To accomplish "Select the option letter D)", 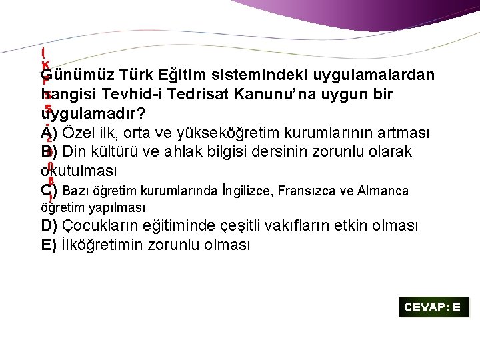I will pyautogui.click(x=49, y=226).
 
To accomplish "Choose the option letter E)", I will pyautogui.click(x=49, y=245).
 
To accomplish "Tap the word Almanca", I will pyautogui.click(x=383, y=191).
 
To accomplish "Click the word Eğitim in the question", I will pyautogui.click(x=179, y=75).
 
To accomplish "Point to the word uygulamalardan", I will pyautogui.click(x=379, y=75).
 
